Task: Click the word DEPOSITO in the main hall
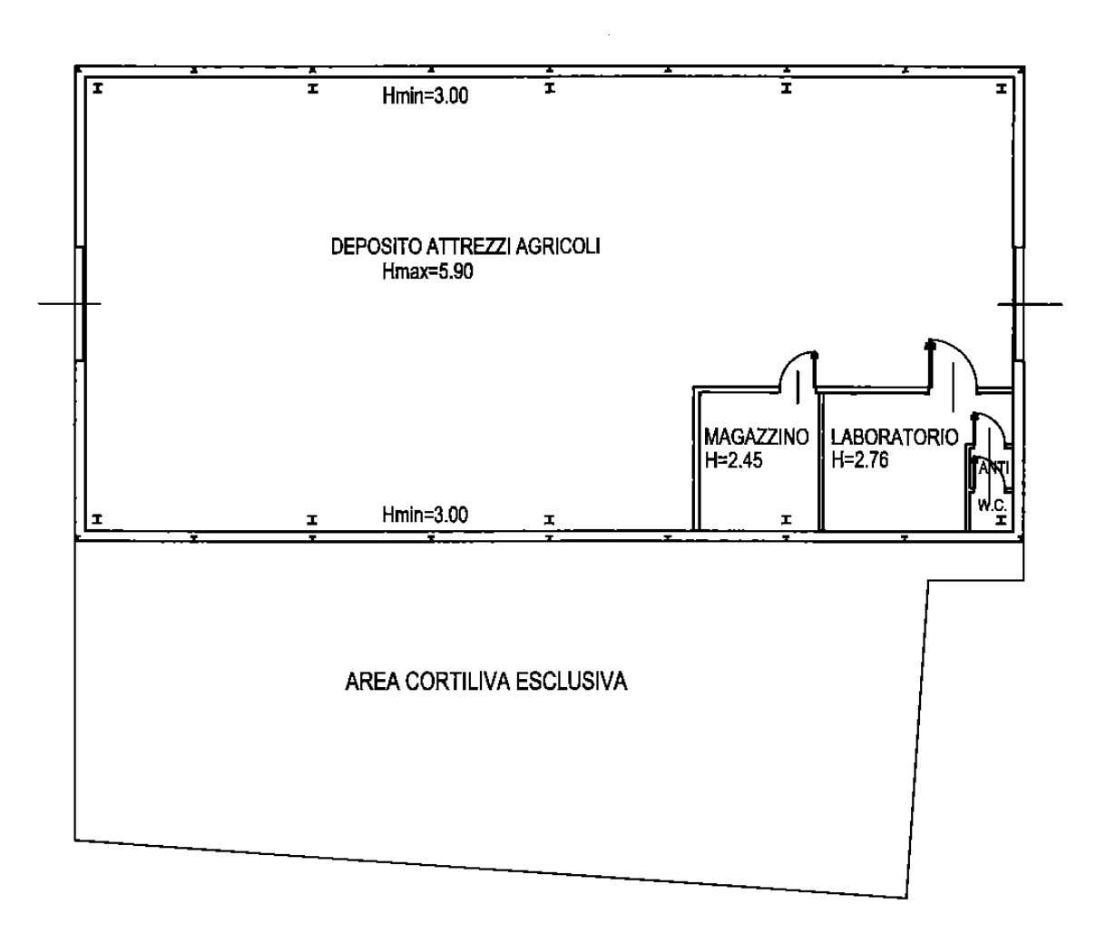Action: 377,247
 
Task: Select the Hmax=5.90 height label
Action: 427,271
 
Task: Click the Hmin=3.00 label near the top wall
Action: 426,95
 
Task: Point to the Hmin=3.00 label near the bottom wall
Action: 426,515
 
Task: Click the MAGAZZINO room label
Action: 757,437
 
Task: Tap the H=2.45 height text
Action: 733,460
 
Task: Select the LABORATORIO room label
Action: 895,437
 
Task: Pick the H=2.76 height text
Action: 859,459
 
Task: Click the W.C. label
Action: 992,505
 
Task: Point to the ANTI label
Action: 994,468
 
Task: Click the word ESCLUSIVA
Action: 572,682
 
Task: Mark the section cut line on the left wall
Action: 70,304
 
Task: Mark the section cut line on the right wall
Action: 1030,304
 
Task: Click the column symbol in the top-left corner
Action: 97,88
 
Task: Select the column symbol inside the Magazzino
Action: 786,519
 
